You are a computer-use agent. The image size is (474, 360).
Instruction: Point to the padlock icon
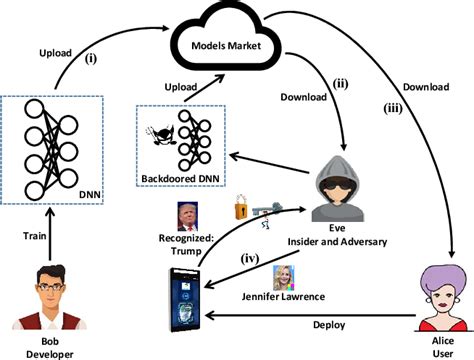tap(239, 211)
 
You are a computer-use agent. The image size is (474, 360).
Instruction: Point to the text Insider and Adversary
tap(338, 240)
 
